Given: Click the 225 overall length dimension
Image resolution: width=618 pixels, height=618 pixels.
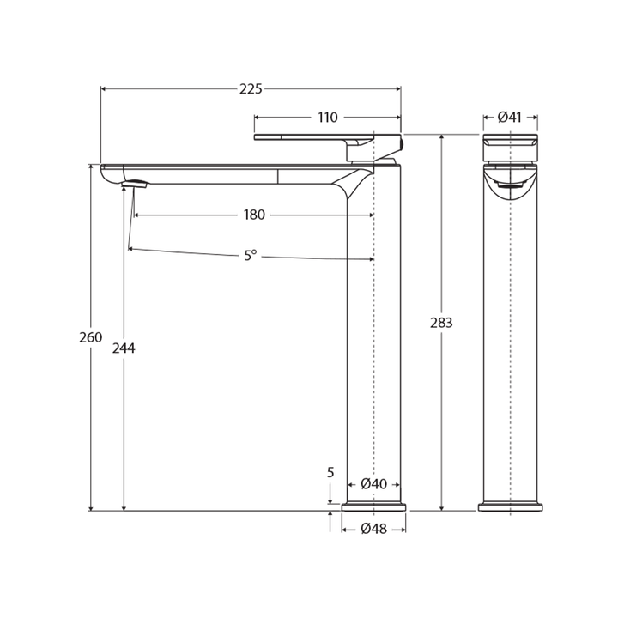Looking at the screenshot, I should [251, 89].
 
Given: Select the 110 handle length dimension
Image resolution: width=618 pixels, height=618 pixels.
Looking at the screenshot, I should [328, 118].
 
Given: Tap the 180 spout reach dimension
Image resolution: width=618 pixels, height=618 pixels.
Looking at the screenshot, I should [254, 215].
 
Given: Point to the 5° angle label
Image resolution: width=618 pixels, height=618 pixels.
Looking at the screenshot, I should [250, 255].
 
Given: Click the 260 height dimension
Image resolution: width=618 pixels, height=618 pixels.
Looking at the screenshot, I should [90, 337].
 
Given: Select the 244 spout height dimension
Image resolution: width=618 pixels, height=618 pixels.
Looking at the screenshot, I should [124, 348].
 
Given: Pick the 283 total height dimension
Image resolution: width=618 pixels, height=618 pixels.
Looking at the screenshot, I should [441, 323].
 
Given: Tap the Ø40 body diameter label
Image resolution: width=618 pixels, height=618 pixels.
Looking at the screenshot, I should [373, 484].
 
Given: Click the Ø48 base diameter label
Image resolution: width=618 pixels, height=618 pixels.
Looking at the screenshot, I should [373, 529].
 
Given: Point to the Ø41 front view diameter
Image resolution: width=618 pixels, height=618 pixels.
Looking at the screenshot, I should [510, 118].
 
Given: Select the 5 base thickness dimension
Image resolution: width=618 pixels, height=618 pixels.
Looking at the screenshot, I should [330, 473].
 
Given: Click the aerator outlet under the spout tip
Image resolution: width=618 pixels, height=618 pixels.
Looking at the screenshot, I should [136, 184].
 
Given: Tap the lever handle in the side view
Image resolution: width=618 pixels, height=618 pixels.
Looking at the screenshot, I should [327, 136].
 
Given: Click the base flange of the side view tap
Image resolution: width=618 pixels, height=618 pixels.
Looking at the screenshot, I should [373, 507].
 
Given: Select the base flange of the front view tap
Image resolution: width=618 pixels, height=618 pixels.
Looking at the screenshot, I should [510, 507].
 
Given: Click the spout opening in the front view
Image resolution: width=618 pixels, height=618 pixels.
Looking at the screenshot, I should [511, 182].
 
